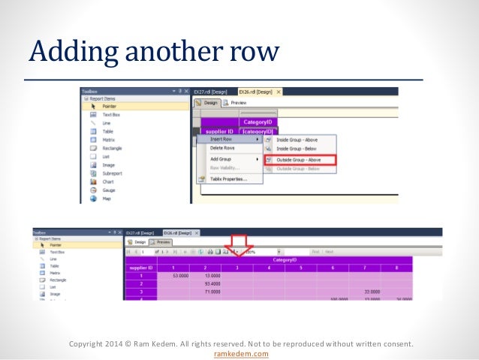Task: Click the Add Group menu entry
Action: coord(221,159)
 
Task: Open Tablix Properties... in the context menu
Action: coord(228,179)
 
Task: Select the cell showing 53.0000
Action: coord(179,276)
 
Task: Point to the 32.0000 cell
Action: coord(367,292)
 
